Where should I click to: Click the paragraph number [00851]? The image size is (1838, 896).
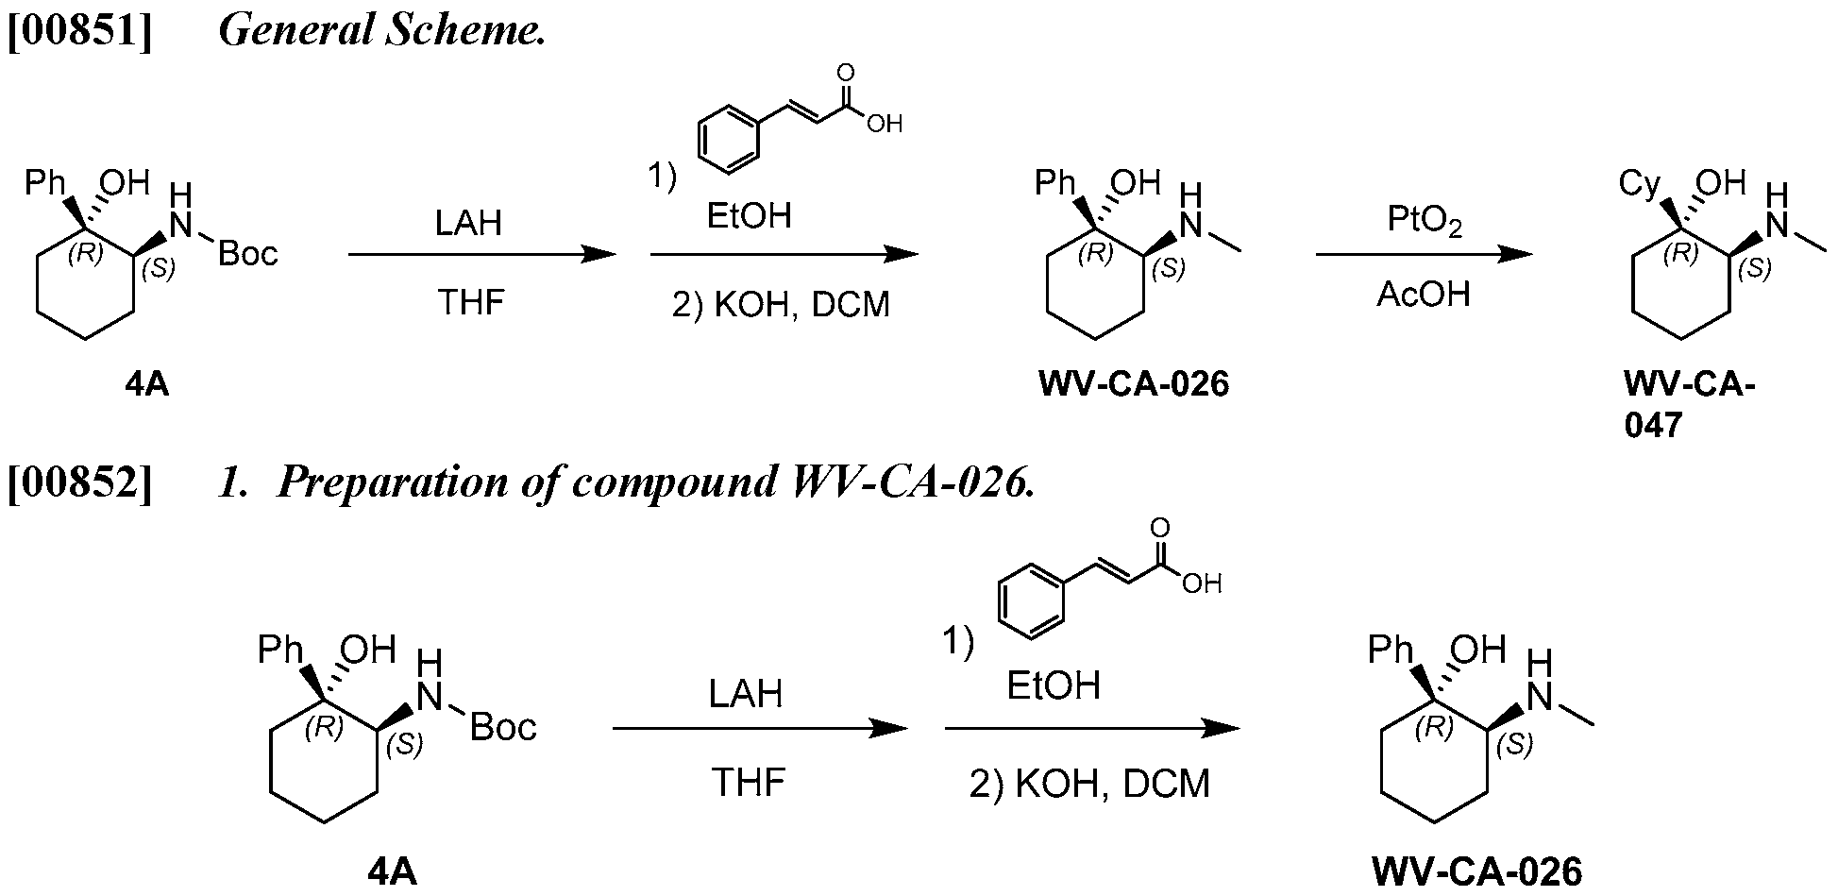pos(79,31)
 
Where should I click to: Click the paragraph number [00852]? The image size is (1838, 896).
pos(79,482)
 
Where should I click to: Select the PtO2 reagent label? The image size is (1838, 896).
pos(1425,221)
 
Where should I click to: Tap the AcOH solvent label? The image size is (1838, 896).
pos(1424,295)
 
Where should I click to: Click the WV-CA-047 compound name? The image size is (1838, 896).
pos(1690,405)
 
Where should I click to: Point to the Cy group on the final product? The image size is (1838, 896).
pos(1640,185)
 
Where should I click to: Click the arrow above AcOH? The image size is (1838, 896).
pos(1425,254)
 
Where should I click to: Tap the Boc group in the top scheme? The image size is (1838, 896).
pos(248,253)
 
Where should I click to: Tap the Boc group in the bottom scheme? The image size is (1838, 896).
pos(503,727)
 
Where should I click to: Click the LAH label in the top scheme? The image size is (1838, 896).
pos(468,224)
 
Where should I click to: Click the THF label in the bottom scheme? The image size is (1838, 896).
pos(748,783)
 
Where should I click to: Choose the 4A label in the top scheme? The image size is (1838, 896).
pos(147,384)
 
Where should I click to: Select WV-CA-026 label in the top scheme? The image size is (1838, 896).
pos(1134,384)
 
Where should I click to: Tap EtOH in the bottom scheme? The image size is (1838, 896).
pos(1054,685)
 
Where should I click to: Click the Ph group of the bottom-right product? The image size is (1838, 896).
pos(1392,650)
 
